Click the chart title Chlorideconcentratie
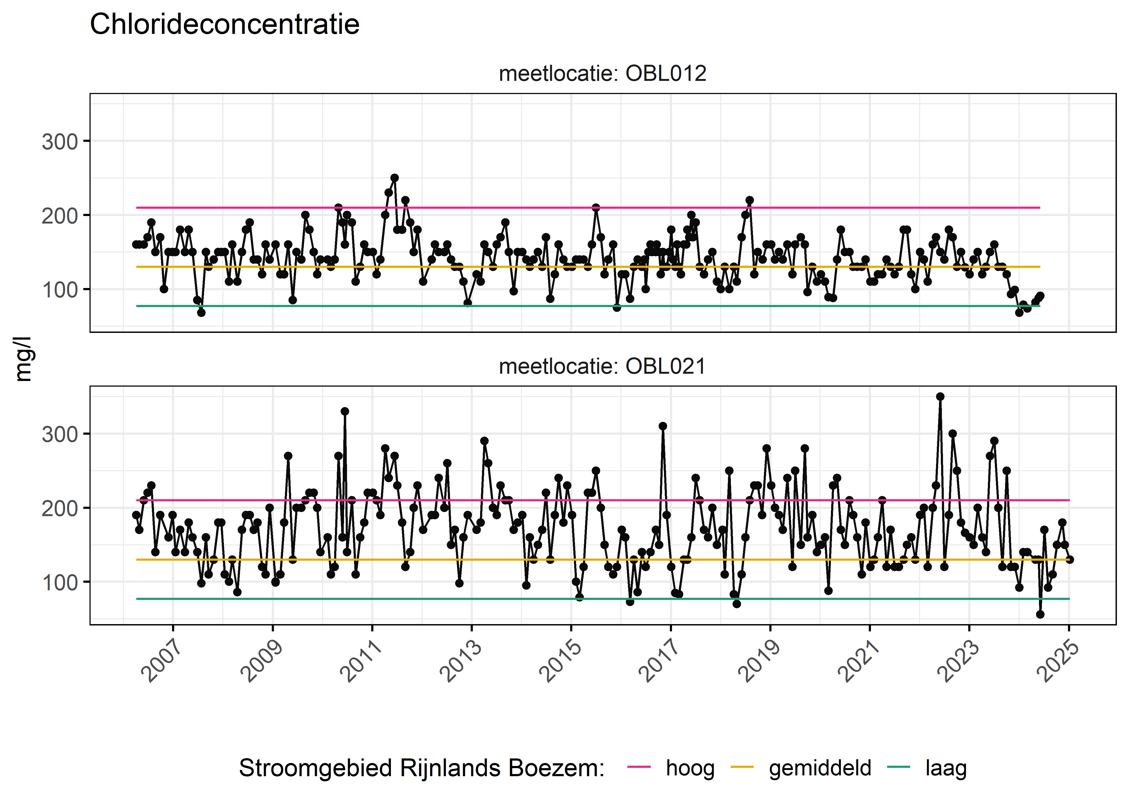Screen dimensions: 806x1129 224,24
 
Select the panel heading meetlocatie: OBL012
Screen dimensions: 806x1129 602,73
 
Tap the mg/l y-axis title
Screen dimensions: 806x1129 23,359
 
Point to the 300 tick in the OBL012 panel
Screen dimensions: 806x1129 60,142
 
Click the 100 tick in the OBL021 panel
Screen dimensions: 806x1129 60,583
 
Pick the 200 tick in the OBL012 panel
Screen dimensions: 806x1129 60,216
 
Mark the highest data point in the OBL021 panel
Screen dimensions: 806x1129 940,397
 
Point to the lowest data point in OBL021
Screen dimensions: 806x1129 1040,614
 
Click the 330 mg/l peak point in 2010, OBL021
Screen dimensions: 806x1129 345,411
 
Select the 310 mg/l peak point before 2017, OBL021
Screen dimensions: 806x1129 663,426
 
